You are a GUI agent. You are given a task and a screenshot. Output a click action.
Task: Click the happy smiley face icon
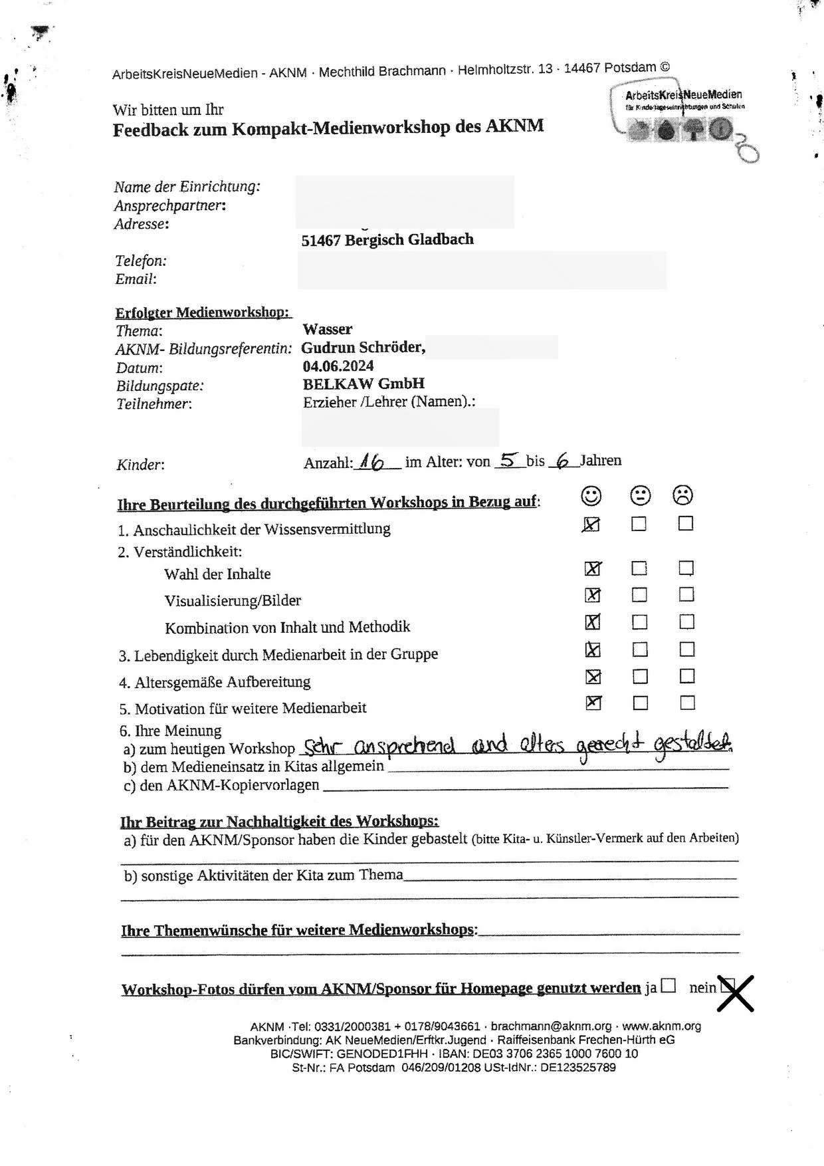coord(591,495)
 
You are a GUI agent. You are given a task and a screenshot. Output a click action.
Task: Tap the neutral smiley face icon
coord(640,495)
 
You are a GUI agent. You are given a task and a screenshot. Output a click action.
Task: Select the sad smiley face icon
coord(683,495)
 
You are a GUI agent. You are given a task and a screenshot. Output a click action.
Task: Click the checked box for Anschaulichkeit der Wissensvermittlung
coord(591,525)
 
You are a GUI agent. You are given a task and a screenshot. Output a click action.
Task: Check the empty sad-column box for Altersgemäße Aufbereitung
coord(687,676)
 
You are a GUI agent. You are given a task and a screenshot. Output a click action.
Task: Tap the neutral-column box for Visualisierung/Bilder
coord(639,594)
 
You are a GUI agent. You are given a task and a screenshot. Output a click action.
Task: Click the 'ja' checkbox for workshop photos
coord(669,986)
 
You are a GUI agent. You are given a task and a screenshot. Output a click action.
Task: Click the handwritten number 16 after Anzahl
coord(373,461)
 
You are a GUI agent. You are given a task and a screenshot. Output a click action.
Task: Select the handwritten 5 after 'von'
coord(510,460)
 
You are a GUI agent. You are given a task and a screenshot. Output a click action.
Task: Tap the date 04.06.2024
coord(338,366)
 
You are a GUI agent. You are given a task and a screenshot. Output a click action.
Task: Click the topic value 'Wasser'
coord(328,329)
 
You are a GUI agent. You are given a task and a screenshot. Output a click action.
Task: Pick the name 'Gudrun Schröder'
coord(363,348)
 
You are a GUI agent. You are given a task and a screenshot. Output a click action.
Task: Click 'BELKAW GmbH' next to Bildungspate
coord(363,384)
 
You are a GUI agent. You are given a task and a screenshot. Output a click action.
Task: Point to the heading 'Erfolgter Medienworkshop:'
coord(202,312)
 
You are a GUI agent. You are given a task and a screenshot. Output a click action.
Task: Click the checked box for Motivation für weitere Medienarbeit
coord(593,703)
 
